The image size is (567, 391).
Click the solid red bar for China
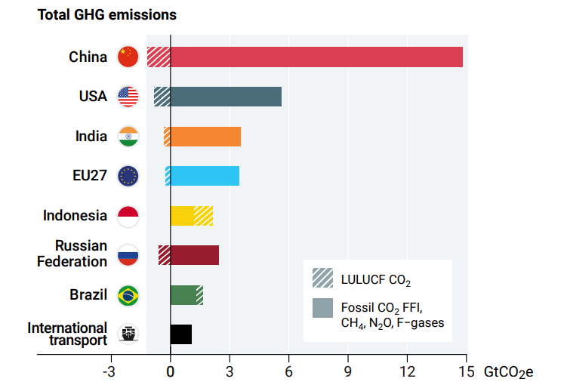click(x=316, y=57)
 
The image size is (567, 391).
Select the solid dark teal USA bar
click(x=226, y=97)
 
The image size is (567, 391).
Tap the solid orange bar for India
click(x=205, y=137)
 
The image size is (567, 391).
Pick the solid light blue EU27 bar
click(x=205, y=176)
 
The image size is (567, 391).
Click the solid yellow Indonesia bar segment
click(x=182, y=215)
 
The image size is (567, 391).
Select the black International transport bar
click(x=181, y=334)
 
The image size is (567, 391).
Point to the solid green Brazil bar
click(x=183, y=294)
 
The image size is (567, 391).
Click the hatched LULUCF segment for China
click(x=159, y=57)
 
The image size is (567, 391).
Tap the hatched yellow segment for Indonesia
click(x=203, y=215)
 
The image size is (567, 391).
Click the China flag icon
click(x=128, y=57)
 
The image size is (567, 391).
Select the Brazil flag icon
click(x=128, y=295)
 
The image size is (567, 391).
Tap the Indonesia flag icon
click(x=128, y=216)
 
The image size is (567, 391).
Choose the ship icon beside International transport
click(x=128, y=334)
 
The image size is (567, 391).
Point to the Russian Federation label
click(x=72, y=254)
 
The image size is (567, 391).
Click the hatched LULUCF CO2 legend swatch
click(x=322, y=279)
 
